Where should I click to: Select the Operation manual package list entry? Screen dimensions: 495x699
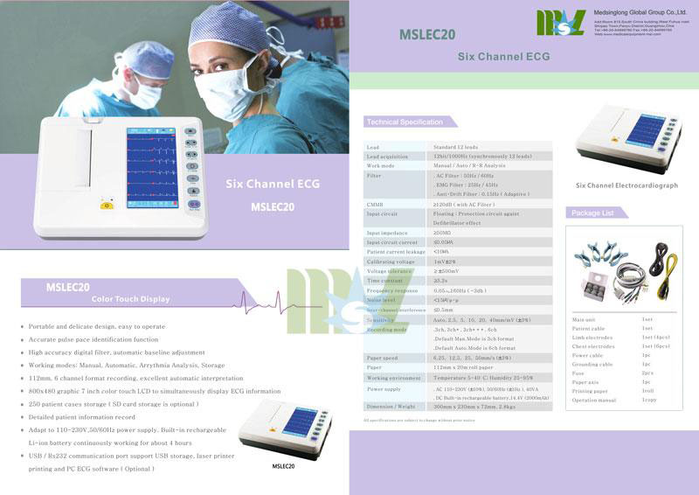(593, 399)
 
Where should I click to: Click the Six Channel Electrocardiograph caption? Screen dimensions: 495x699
(626, 185)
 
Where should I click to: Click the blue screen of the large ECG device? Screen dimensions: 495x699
(151, 166)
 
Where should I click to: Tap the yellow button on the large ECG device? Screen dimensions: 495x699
(107, 207)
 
